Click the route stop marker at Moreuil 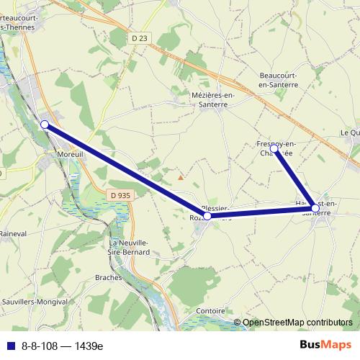tap(45, 125)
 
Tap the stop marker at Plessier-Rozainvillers tap(207, 215)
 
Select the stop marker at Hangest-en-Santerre tap(315, 208)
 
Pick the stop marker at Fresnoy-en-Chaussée tap(274, 148)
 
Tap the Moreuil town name tap(72, 154)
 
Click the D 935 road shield tap(120, 195)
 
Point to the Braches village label tap(129, 277)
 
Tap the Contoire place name tap(210, 311)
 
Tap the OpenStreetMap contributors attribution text tap(297, 323)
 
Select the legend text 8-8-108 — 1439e tap(63, 346)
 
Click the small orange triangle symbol tap(181, 176)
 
